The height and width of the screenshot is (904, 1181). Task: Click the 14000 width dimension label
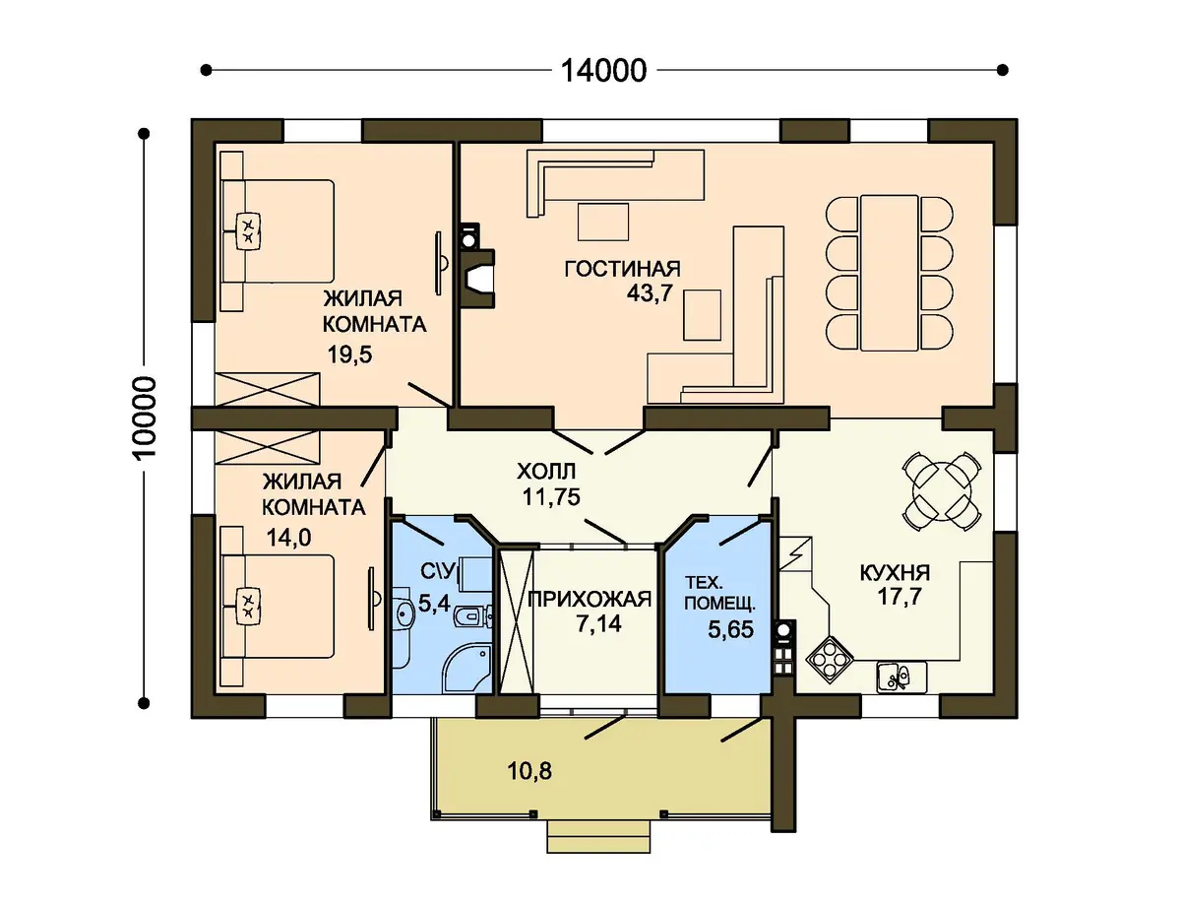click(603, 71)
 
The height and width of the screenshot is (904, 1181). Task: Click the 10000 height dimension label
click(145, 417)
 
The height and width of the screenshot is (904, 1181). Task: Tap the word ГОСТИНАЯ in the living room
click(623, 269)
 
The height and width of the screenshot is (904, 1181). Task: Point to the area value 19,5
click(349, 355)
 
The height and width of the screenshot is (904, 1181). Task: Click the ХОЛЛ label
click(546, 472)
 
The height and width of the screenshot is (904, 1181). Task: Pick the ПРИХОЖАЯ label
click(590, 599)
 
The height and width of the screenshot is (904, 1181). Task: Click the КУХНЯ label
click(895, 572)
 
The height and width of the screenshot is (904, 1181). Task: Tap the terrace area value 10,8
click(529, 771)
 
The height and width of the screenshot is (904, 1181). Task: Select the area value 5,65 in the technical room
click(730, 629)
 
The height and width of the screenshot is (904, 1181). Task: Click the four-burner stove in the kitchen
click(830, 660)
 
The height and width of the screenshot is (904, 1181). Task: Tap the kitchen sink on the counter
click(901, 677)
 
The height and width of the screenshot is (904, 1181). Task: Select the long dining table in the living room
click(889, 273)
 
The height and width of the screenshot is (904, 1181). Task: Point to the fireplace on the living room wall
click(476, 279)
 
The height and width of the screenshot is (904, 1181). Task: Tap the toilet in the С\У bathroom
click(472, 614)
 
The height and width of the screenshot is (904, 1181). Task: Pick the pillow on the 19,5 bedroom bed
click(249, 229)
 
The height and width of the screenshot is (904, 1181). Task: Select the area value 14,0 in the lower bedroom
click(289, 538)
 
